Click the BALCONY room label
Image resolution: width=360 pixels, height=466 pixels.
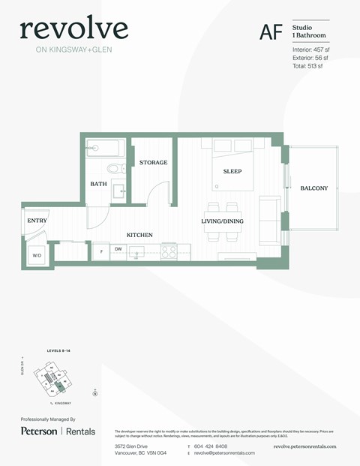pyautogui.click(x=313, y=188)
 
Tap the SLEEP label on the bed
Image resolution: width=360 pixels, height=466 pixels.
pyautogui.click(x=232, y=171)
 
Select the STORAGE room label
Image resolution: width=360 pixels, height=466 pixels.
pyautogui.click(x=153, y=163)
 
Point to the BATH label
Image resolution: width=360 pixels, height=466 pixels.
pyautogui.click(x=98, y=184)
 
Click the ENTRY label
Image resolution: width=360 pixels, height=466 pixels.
pyautogui.click(x=37, y=221)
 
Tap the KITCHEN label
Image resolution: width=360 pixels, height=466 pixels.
pyautogui.click(x=139, y=235)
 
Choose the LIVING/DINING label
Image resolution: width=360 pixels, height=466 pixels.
pyautogui.click(x=223, y=221)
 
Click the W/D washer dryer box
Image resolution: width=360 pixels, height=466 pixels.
pyautogui.click(x=37, y=255)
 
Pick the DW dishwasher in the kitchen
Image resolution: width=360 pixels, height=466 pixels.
pyautogui.click(x=118, y=249)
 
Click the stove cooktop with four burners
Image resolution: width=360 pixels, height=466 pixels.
pyautogui.click(x=169, y=252)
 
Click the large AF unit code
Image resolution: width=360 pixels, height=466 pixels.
pyautogui.click(x=271, y=32)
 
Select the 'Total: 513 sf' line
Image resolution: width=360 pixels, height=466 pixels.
pyautogui.click(x=307, y=66)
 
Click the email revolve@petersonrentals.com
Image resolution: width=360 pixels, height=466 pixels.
pyautogui.click(x=224, y=453)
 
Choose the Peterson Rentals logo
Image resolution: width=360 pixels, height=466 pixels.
pyautogui.click(x=56, y=431)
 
